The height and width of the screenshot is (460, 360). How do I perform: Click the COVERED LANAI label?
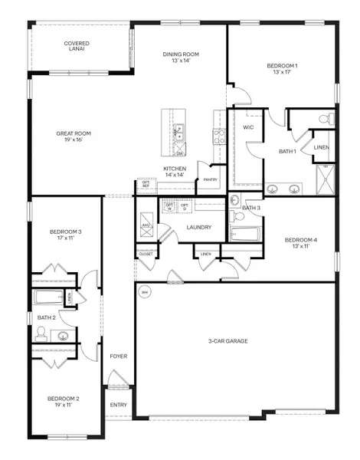tap(77, 48)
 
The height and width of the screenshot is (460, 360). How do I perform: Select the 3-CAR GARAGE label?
tap(227, 340)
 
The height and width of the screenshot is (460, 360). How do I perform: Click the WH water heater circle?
tap(143, 291)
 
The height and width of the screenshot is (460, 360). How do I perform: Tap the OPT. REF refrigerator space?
tap(145, 185)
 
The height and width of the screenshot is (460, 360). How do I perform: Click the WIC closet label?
tap(248, 127)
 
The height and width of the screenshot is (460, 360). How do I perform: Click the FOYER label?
tap(118, 356)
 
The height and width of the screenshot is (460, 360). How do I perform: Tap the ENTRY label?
tap(118, 405)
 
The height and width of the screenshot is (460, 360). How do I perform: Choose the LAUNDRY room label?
tap(198, 228)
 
